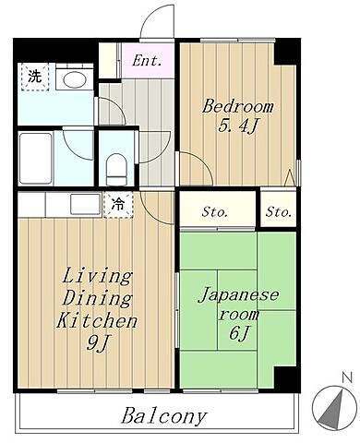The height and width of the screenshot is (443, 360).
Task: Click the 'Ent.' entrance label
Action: [146, 62]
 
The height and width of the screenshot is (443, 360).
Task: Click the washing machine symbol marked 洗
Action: [33, 78]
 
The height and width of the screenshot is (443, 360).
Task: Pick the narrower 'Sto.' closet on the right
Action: [278, 212]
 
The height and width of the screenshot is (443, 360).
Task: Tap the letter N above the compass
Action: [345, 377]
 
